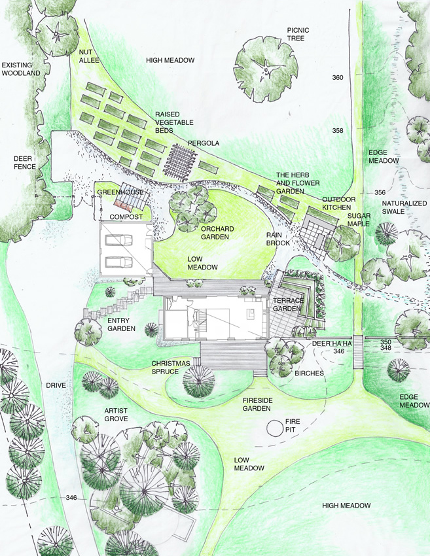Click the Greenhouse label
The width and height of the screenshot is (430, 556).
tap(120, 192)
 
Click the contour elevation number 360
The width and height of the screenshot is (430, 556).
tap(338, 78)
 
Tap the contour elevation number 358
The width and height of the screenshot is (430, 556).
tap(338, 131)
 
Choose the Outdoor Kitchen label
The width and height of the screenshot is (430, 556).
tap(338, 203)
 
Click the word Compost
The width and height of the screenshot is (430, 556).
tap(126, 217)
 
